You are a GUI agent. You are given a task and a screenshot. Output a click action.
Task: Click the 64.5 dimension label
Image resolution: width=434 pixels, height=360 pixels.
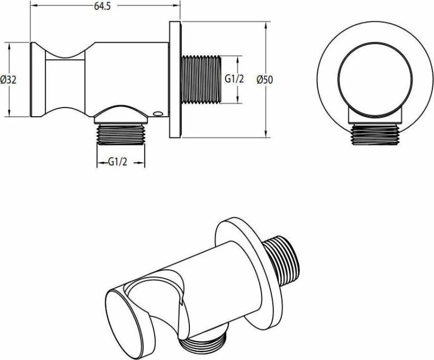(x=103, y=6)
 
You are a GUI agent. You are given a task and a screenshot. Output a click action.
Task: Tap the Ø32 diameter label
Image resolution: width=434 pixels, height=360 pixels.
(x=8, y=80)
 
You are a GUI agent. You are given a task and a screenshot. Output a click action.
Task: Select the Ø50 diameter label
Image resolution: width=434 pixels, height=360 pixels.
(x=265, y=80)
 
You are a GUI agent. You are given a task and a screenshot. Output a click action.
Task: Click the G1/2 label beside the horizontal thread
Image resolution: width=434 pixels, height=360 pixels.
(x=234, y=79)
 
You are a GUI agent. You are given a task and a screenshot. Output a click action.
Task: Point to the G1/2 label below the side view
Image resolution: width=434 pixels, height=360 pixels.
(x=117, y=162)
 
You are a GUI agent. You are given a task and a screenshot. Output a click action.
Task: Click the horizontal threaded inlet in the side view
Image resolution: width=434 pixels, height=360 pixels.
(x=201, y=80)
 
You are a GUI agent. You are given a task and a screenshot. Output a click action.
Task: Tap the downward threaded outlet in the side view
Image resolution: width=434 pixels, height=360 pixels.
(x=121, y=135)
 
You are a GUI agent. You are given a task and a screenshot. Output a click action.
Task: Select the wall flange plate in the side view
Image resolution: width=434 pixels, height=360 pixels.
(x=175, y=80)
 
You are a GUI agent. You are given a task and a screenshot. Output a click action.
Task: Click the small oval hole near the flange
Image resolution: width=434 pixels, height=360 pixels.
(x=158, y=113)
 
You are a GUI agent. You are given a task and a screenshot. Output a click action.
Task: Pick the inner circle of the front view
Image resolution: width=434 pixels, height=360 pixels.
(x=375, y=79)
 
